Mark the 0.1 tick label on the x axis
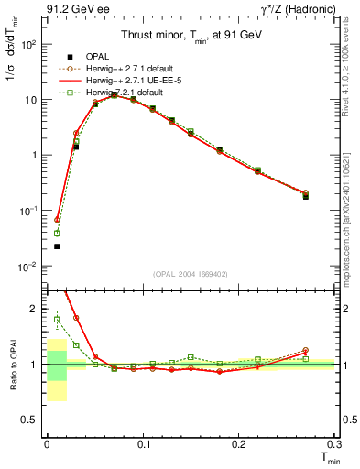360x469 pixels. coord(143,444)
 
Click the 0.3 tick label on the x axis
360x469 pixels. coord(334,444)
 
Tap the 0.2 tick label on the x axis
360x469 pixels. coord(239,444)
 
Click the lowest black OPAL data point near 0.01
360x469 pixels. coord(57,246)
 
